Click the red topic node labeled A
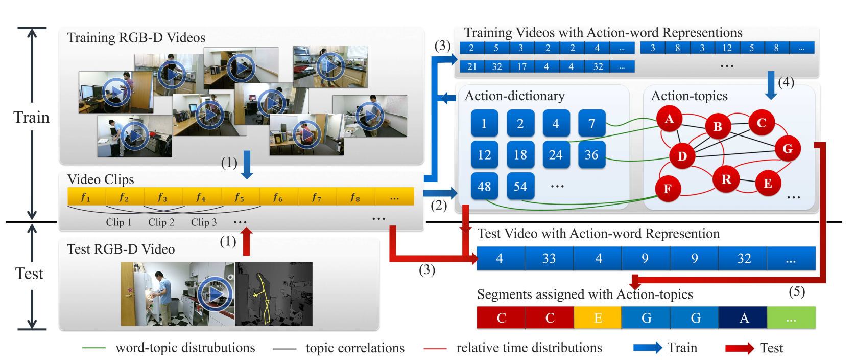coord(669,120)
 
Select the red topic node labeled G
coord(788,149)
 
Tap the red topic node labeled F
coord(668,189)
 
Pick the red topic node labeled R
coord(726,179)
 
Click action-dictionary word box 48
coord(484,186)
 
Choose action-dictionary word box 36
coord(591,155)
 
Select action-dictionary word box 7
coord(591,123)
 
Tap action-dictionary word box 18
coord(520,155)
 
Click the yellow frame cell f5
coord(240,197)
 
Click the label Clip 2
coord(161,222)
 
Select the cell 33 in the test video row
coord(549,259)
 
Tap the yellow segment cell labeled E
coord(598,318)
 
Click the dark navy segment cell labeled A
coord(744,318)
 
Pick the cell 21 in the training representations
coord(472,66)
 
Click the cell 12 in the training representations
coord(727,48)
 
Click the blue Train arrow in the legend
coord(647,348)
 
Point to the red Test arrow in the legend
coord(739,348)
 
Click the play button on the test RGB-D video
coord(215,294)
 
